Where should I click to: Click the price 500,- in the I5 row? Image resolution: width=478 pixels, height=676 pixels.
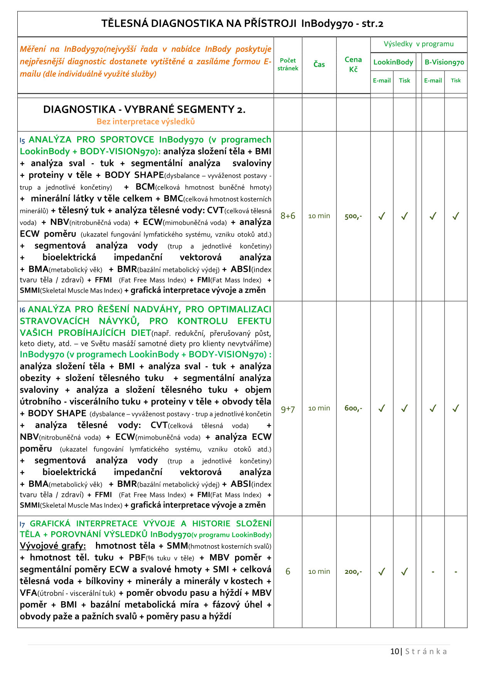pos(353,216)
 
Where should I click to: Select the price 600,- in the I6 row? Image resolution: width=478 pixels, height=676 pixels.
pos(353,408)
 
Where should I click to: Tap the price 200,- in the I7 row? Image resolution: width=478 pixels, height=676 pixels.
pos(353,572)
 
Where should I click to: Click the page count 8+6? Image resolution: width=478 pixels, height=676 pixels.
pos(288,216)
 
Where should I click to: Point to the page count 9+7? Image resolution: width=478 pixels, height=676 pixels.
pos(288,409)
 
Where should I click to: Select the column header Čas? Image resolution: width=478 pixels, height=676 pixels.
pos(319,64)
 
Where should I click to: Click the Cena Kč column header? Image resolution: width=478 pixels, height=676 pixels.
pos(353,64)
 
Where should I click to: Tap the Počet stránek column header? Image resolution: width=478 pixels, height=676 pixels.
pos(288,64)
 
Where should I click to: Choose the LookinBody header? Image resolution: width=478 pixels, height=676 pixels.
pos(393,62)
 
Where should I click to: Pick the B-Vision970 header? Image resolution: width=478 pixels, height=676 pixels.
pos(444,62)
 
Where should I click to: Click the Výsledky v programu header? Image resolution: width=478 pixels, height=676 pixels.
pos(419,44)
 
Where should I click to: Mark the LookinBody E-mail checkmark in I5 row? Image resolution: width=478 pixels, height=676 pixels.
pos(382,216)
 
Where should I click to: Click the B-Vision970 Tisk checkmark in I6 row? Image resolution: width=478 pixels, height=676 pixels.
pos(456,408)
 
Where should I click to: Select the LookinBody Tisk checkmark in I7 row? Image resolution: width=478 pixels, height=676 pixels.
pos(404,571)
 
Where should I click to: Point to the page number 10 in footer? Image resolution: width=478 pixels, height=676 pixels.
pos(394,651)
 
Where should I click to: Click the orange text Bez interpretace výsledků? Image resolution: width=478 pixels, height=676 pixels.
pos(146,121)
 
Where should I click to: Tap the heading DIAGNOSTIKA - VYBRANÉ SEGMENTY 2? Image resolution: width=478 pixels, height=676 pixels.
pos(144,110)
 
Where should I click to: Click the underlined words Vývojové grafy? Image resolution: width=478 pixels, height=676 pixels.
pos(53,546)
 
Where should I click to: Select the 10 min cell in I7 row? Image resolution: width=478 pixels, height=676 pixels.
pos(319,571)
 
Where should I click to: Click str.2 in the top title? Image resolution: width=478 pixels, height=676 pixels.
pos(372,24)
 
